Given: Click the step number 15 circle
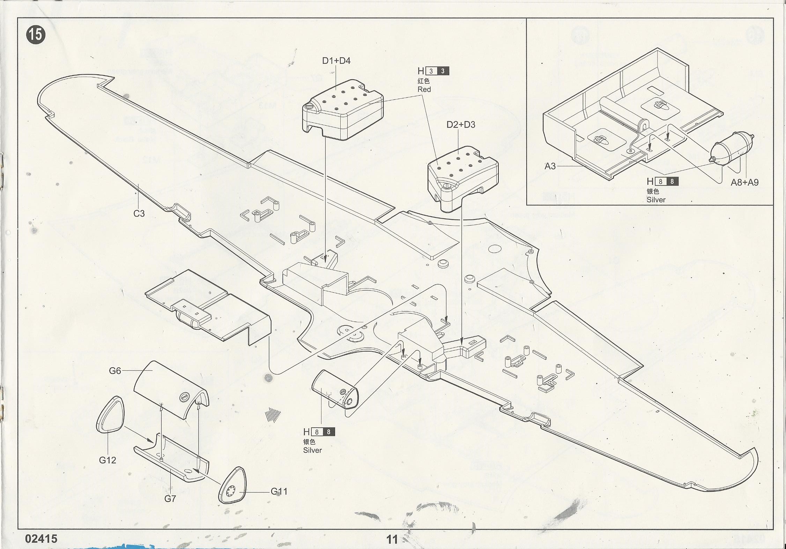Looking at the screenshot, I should [36, 35].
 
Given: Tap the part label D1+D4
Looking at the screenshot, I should [336, 61].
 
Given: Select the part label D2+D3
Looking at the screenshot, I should [461, 125].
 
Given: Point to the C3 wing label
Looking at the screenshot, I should [139, 213].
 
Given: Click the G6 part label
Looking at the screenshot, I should [115, 371].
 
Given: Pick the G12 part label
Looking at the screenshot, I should [107, 460].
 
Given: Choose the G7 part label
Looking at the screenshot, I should [170, 499].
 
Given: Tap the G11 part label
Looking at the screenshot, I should [279, 491].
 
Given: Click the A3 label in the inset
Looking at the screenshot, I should [550, 166].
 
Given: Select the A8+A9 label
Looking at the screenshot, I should [744, 182].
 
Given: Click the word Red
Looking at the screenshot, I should [424, 89].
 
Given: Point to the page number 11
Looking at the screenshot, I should [392, 540].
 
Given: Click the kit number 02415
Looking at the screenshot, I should [41, 539].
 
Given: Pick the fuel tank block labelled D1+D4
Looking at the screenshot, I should [342, 112].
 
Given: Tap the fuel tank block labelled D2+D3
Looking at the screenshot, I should [462, 178].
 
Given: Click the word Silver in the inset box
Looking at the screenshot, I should [656, 200].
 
